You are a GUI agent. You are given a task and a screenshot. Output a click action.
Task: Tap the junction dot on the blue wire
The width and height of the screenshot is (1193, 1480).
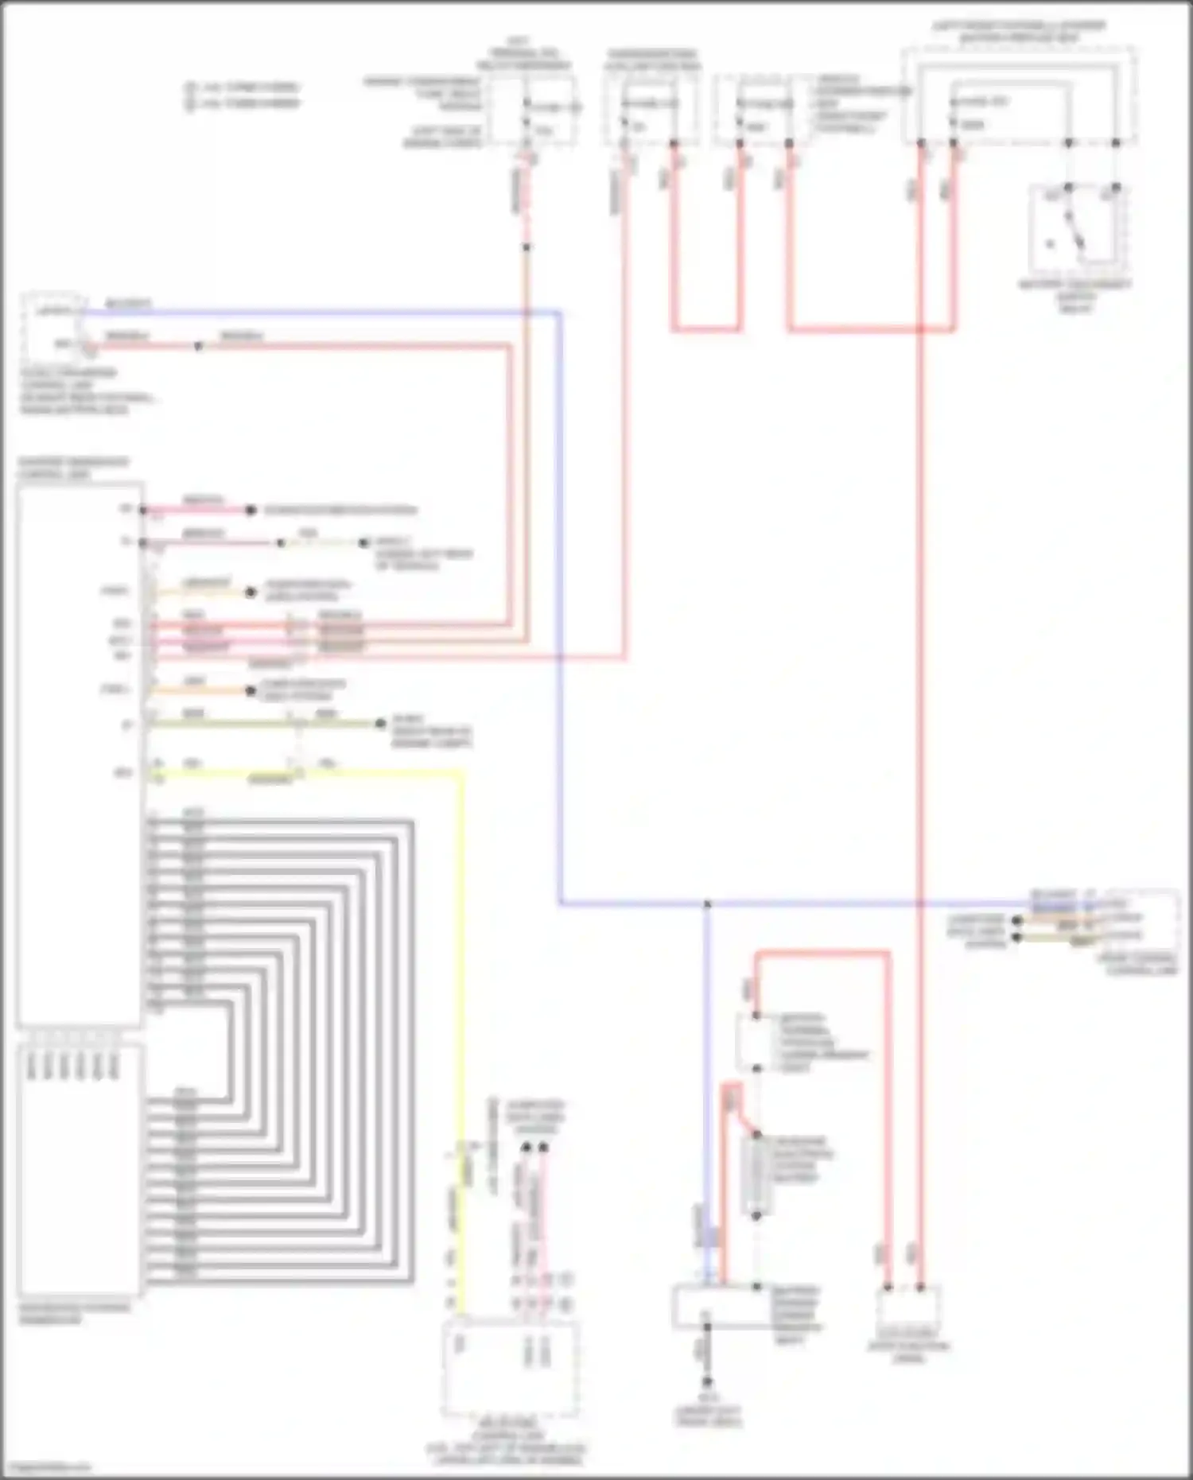[x=707, y=904]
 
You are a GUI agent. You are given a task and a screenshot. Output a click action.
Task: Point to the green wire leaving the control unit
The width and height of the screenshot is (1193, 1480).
[x=262, y=724]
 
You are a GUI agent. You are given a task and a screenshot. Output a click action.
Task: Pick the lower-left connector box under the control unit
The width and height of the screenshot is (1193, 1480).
[x=80, y=1170]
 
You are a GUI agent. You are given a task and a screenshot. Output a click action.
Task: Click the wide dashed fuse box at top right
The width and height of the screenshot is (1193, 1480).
[x=1019, y=95]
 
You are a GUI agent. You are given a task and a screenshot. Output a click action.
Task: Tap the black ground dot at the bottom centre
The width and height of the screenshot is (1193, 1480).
[x=705, y=1382]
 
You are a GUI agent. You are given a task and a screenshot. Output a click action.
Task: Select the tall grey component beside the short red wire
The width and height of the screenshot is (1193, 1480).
[x=757, y=1174]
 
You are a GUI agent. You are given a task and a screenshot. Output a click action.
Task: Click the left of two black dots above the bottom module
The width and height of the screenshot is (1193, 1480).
[x=525, y=1148]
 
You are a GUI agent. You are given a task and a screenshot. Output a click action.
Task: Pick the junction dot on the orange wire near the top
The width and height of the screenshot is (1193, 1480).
[x=526, y=247]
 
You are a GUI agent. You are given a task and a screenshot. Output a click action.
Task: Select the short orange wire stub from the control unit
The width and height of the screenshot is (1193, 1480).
[x=199, y=690]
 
